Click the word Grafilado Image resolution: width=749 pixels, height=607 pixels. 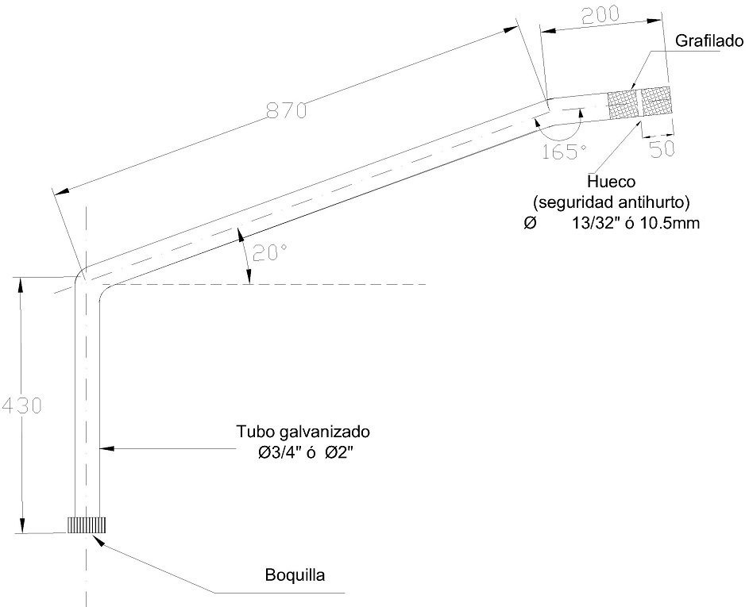tap(708, 40)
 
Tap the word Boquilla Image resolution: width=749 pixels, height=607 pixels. tap(296, 574)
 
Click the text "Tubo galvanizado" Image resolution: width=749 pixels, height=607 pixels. tap(303, 433)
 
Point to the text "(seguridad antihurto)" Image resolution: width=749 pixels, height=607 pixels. tap(610, 202)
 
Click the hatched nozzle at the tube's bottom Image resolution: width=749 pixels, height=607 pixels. tap(87, 525)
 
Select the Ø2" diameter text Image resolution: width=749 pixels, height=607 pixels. tap(339, 452)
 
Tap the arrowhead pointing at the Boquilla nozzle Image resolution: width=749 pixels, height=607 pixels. tap(98, 539)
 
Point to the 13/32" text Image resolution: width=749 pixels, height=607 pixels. tap(593, 224)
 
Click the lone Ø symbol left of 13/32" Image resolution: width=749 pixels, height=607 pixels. tap(530, 224)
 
